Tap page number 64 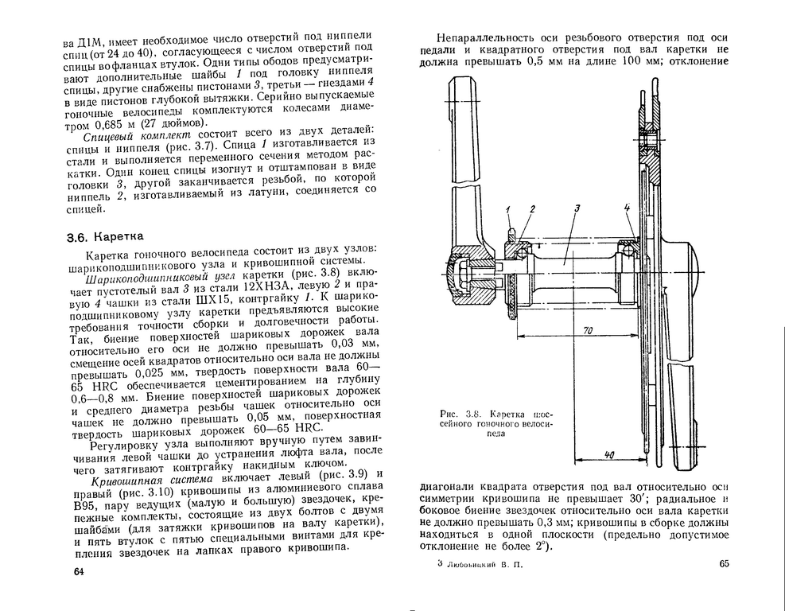[78, 572]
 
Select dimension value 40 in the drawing [608, 455]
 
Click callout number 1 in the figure [507, 208]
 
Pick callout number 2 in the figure [533, 208]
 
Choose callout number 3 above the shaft [577, 208]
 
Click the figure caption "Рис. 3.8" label [457, 413]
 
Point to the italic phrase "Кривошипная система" [151, 480]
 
